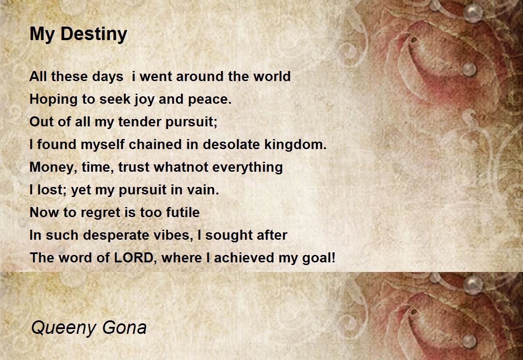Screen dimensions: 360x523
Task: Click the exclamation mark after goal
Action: point(333,258)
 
